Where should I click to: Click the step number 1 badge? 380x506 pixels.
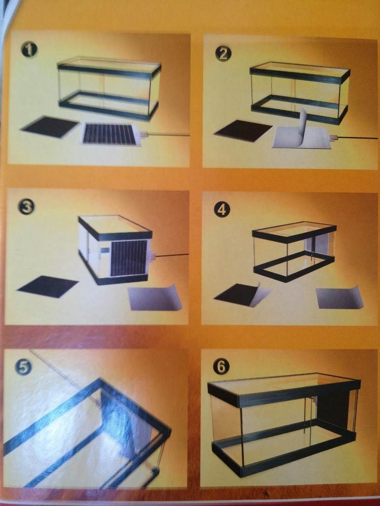(x=29, y=50)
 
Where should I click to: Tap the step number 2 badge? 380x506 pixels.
(x=223, y=54)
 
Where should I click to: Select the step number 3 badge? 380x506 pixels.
(x=26, y=206)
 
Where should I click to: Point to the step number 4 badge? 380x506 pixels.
(x=222, y=209)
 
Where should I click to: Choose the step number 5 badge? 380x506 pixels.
(x=23, y=367)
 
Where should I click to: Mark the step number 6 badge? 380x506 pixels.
(x=221, y=366)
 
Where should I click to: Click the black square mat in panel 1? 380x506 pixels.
(x=50, y=127)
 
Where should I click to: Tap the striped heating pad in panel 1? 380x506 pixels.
(x=110, y=134)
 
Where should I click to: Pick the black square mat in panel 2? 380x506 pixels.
(x=243, y=131)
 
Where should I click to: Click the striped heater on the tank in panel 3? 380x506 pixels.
(x=129, y=258)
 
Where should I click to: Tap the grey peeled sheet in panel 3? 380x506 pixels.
(x=155, y=298)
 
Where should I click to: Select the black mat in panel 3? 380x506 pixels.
(x=48, y=286)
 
